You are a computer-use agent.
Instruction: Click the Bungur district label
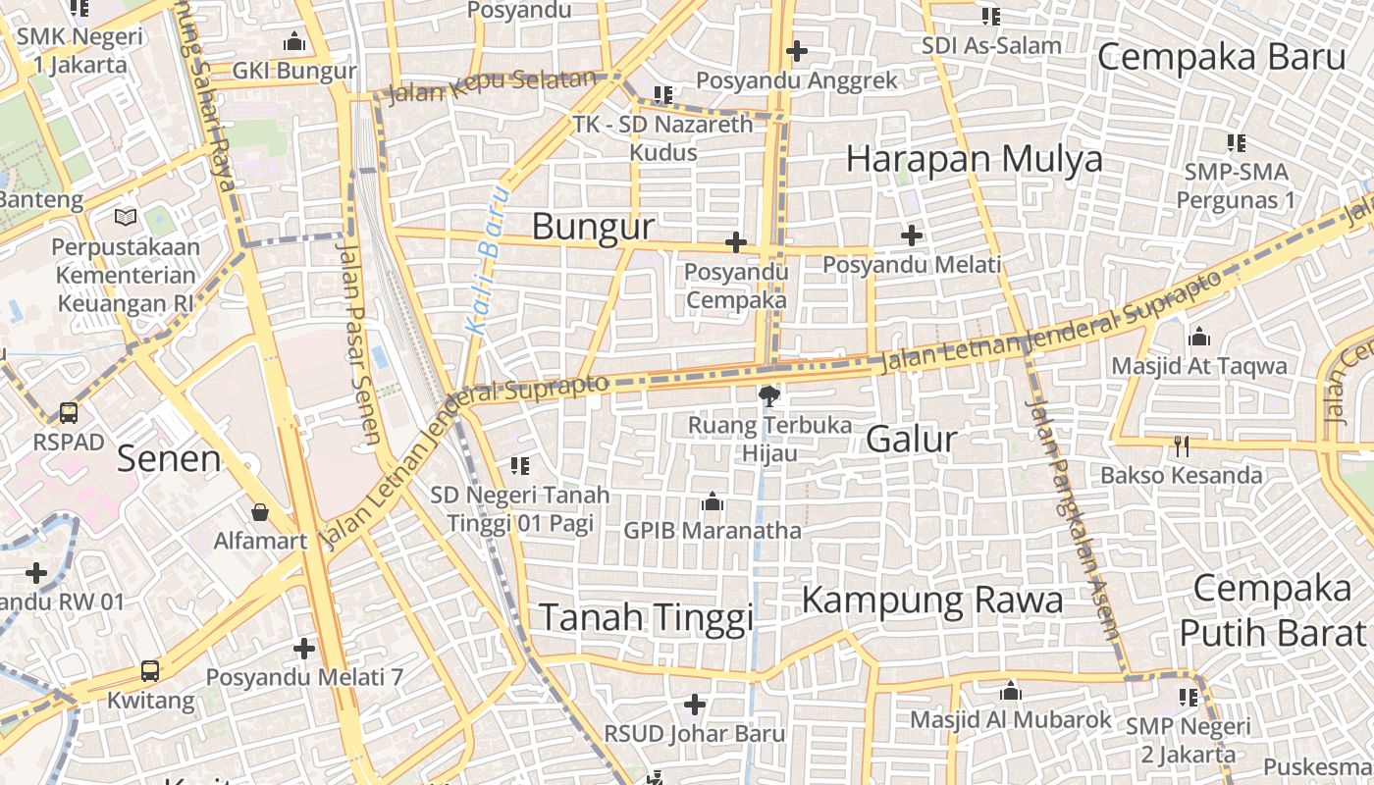pyautogui.click(x=593, y=227)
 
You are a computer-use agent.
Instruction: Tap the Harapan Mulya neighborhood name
pyautogui.click(x=974, y=159)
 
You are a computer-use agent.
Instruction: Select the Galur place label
pyautogui.click(x=911, y=439)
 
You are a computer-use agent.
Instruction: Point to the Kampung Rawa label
pyautogui.click(x=932, y=600)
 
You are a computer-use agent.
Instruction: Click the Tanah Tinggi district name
pyautogui.click(x=647, y=617)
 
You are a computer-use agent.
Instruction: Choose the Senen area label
pyautogui.click(x=169, y=458)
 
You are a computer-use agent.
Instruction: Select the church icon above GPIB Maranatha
pyautogui.click(x=713, y=502)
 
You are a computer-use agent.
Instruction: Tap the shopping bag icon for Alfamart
pyautogui.click(x=260, y=511)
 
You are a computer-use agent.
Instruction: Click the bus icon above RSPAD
pyautogui.click(x=69, y=412)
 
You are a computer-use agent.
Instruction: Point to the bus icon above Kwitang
pyautogui.click(x=150, y=671)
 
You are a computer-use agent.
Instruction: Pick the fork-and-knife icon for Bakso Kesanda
pyautogui.click(x=1182, y=446)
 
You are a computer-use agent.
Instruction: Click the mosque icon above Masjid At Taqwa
pyautogui.click(x=1198, y=338)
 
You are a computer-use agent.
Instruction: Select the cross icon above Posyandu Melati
pyautogui.click(x=912, y=235)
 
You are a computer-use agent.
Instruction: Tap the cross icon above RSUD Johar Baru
pyautogui.click(x=695, y=704)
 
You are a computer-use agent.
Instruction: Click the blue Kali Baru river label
pyautogui.click(x=488, y=259)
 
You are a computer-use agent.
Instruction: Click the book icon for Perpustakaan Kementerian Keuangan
pyautogui.click(x=126, y=217)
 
